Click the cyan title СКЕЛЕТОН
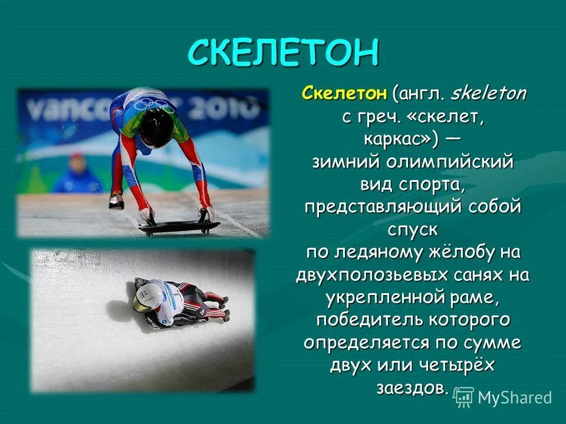pyautogui.click(x=282, y=52)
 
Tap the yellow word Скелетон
pyautogui.click(x=344, y=93)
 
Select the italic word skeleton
pyautogui.click(x=489, y=93)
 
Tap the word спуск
pyautogui.click(x=413, y=229)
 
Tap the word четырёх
pyautogui.click(x=457, y=365)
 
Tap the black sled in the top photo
pyautogui.click(x=179, y=226)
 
